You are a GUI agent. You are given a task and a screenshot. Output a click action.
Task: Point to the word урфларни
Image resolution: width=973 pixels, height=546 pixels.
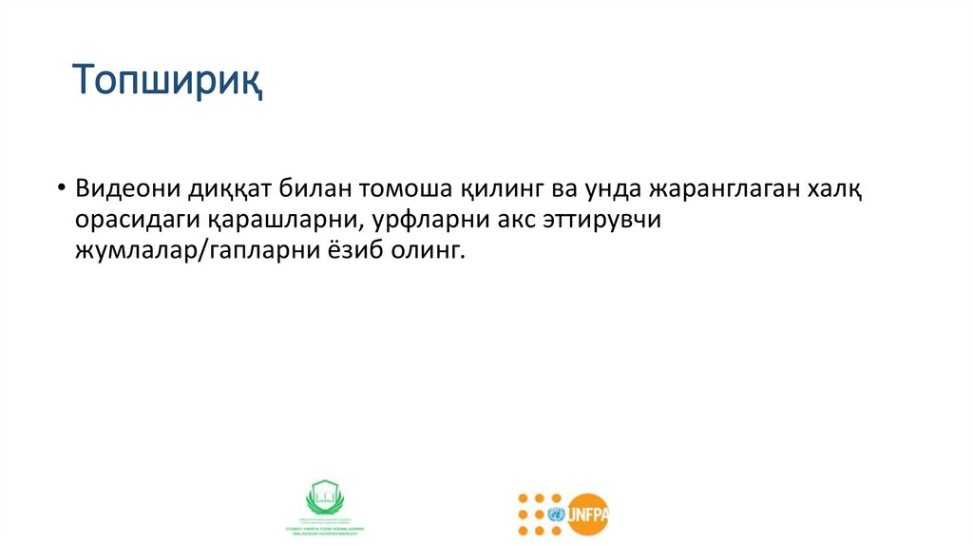tap(403, 220)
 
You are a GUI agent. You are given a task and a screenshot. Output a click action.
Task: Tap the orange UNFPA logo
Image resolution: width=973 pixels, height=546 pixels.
tap(563, 515)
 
